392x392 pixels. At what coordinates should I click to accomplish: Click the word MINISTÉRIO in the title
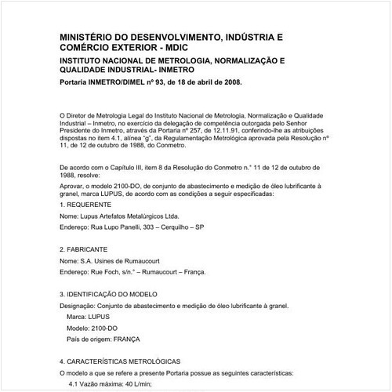pos(87,37)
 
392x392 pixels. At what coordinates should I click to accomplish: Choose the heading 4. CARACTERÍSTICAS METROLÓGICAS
pos(125,361)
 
